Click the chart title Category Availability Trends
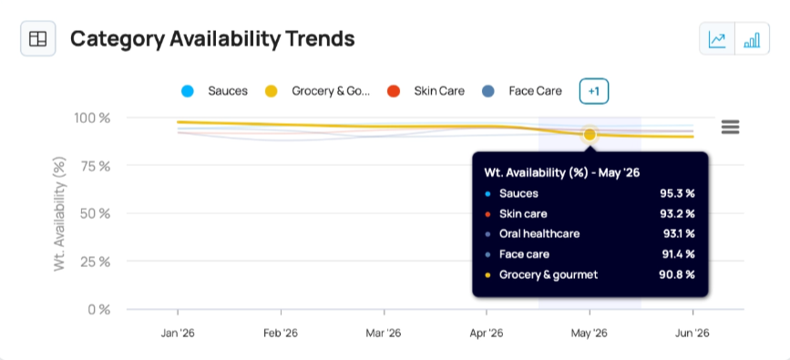(x=212, y=39)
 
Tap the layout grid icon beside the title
(x=37, y=39)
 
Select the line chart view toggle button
(x=717, y=39)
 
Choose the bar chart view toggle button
(x=753, y=39)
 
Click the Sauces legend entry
(x=214, y=91)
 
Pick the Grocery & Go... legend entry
(x=317, y=91)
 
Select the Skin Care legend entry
(x=426, y=91)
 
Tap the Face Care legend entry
(x=521, y=91)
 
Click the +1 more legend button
(x=594, y=91)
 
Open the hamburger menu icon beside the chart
(x=730, y=127)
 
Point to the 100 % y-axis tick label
(x=92, y=118)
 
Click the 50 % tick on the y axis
(x=95, y=213)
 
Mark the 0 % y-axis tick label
(x=98, y=309)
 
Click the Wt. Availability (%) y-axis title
(x=59, y=214)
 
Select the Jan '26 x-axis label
(x=178, y=334)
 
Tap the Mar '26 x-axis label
(x=384, y=334)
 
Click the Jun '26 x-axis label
(x=693, y=334)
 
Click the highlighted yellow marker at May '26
(x=590, y=135)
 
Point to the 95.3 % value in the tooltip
(x=677, y=193)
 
